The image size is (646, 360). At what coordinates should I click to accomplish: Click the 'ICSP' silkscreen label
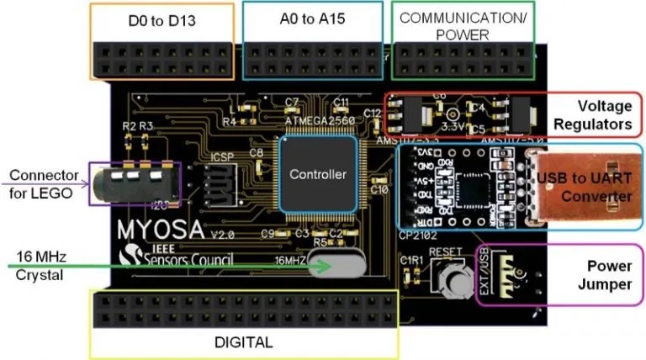tap(218, 156)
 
